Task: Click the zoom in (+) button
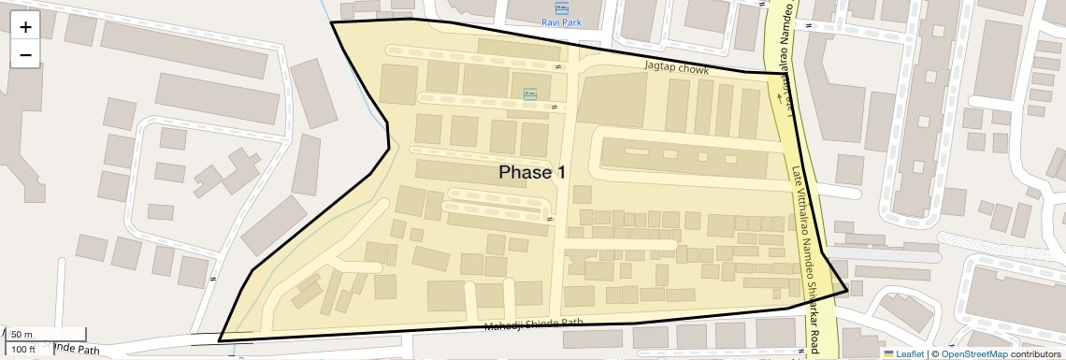(25, 27)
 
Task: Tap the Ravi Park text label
(562, 22)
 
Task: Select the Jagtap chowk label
(676, 69)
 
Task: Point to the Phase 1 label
(532, 172)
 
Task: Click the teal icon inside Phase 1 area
(530, 94)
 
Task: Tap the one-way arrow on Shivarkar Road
(779, 94)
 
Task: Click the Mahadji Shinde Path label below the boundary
(534, 324)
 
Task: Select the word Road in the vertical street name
(814, 337)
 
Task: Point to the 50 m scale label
(22, 335)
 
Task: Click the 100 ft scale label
(23, 350)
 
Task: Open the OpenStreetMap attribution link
(973, 353)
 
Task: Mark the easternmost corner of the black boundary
(847, 291)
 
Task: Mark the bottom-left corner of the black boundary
(220, 341)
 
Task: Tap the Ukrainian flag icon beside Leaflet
(888, 353)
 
